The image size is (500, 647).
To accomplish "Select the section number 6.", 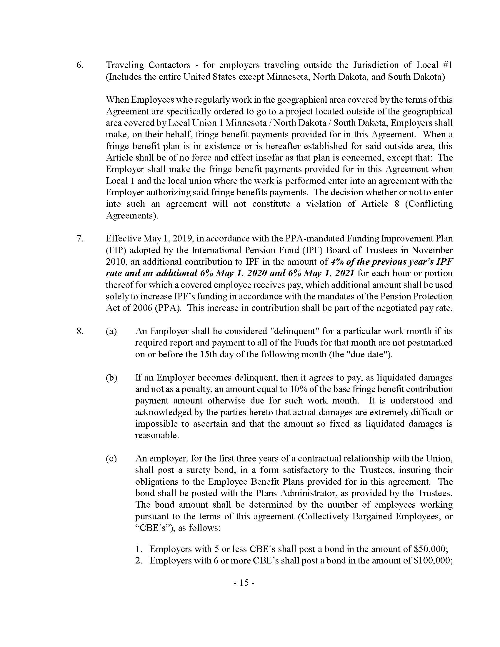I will pos(80,65).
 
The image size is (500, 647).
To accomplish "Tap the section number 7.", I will pos(80,239).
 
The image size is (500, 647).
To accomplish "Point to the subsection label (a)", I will pos(111,331).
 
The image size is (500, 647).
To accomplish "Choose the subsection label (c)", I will pos(111,458).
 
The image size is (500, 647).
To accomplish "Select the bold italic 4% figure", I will pos(336,262).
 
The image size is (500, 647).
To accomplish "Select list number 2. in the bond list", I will pos(139,561).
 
